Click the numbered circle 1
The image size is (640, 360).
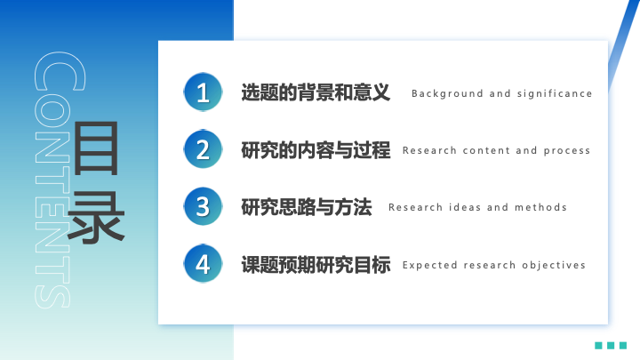(x=203, y=92)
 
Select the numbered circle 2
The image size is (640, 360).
(x=203, y=149)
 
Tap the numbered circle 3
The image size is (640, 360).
(x=203, y=206)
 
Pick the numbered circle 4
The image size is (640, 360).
(x=203, y=264)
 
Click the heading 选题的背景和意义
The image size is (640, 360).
(x=316, y=92)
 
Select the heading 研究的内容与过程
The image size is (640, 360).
(x=316, y=150)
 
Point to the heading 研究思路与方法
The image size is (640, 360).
(x=306, y=207)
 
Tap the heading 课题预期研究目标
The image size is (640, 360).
(x=316, y=265)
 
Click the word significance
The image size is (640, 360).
(x=555, y=94)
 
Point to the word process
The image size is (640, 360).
(x=567, y=151)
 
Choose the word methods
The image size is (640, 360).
(x=540, y=207)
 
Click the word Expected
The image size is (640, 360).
(x=430, y=265)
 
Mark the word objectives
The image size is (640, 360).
(x=554, y=265)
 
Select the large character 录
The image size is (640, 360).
(x=95, y=217)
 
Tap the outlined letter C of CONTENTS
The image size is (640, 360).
(x=60, y=70)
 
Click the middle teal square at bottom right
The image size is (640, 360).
(x=611, y=345)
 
